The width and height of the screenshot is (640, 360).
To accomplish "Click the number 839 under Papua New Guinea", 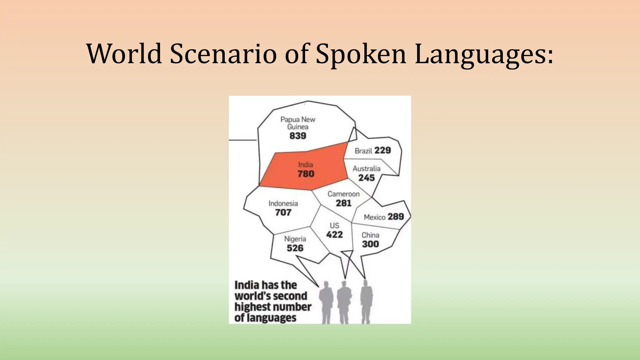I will click(297, 136).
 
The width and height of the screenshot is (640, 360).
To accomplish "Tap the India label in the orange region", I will click(305, 165).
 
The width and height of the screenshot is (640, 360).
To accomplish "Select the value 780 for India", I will click(306, 174).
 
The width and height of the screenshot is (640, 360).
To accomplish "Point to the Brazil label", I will click(363, 151).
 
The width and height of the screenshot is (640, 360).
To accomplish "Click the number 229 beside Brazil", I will click(382, 150).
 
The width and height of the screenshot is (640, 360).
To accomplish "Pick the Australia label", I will click(367, 169).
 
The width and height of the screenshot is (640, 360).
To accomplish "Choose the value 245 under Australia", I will click(367, 178).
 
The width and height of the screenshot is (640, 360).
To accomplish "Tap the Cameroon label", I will click(343, 194).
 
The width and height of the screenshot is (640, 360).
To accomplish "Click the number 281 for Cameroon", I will click(344, 203).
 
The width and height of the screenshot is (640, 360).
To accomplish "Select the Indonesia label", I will click(283, 203).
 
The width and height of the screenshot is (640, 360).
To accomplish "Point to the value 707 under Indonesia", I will click(283, 212).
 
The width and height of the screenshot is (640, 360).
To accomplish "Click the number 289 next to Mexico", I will click(396, 217).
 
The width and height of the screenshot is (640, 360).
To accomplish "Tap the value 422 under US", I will click(334, 235).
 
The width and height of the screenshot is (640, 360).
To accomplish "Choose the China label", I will click(370, 235).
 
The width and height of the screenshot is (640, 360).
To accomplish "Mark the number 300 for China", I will click(370, 244).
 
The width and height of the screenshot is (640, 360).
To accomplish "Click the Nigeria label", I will click(295, 239).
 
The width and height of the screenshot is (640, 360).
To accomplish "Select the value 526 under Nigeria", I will click(295, 248).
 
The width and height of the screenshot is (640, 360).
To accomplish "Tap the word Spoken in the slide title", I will click(361, 54).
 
